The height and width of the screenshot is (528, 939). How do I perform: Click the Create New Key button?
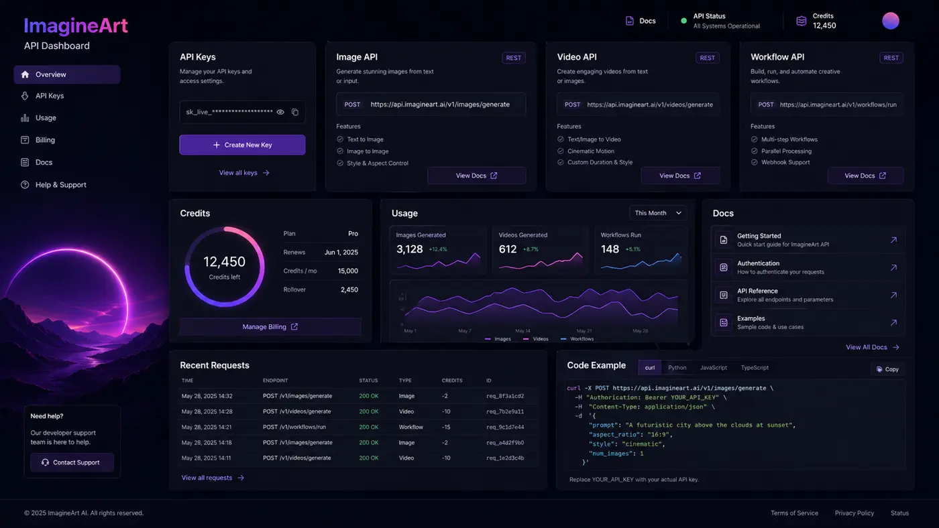click(242, 145)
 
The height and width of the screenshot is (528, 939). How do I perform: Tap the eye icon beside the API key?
click(280, 112)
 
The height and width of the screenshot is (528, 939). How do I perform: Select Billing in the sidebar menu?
click(45, 140)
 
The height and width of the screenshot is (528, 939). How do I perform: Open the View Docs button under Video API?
click(680, 176)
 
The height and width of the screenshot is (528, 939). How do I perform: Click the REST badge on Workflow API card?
click(891, 58)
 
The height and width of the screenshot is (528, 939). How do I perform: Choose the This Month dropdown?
click(658, 212)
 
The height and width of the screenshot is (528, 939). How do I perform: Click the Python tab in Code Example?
click(677, 367)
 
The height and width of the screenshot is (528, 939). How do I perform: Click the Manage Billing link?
click(270, 326)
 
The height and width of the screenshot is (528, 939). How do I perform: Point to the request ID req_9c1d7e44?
click(505, 427)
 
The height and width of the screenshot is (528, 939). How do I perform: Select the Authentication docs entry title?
click(758, 263)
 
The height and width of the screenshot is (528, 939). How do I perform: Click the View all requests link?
click(213, 478)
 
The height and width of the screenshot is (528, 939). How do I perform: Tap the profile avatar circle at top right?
click(891, 21)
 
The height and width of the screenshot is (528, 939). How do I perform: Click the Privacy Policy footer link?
click(854, 513)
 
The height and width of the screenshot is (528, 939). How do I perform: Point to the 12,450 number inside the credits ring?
click(224, 262)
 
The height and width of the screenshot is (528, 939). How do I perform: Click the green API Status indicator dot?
click(683, 21)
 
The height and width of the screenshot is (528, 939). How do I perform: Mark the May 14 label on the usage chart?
click(522, 331)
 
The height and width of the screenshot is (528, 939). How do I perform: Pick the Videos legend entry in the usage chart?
click(536, 339)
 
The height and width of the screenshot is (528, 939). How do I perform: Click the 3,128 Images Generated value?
click(410, 249)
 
